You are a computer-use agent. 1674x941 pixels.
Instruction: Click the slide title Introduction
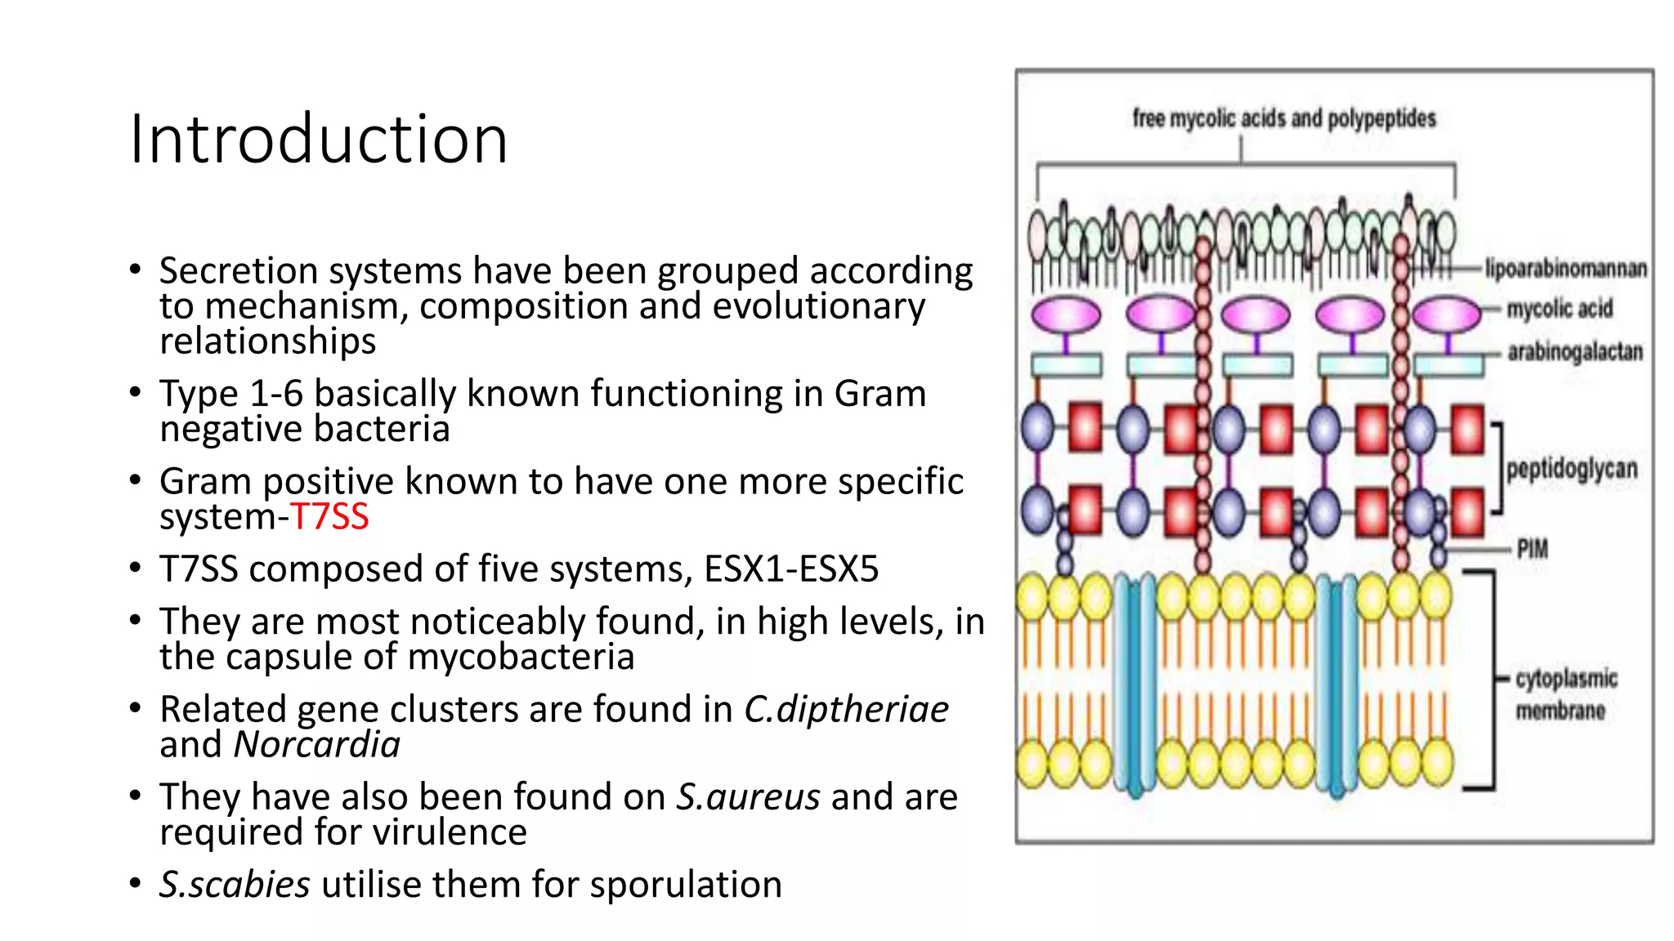[x=319, y=139]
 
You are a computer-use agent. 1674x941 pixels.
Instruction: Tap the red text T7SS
[x=329, y=517]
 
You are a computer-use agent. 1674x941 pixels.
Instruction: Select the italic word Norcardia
[x=317, y=745]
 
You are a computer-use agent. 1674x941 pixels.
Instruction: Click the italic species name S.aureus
[x=748, y=797]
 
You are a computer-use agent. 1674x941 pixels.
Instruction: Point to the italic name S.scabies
[x=235, y=885]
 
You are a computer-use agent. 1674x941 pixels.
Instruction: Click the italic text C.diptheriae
[x=846, y=710]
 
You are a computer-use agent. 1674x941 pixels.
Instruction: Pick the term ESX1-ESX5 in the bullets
[x=790, y=569]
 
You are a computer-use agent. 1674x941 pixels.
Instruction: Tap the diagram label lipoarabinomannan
[x=1565, y=269]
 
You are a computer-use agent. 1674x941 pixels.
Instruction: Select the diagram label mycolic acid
[x=1560, y=309]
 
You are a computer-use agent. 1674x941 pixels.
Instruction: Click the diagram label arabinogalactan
[x=1574, y=352]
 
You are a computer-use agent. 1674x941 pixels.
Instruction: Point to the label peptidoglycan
[x=1571, y=469]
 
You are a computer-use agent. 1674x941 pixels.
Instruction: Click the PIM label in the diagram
[x=1532, y=549]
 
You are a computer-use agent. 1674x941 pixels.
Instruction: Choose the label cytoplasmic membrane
[x=1564, y=694]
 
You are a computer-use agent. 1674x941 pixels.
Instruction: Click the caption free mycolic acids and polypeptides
[x=1283, y=118]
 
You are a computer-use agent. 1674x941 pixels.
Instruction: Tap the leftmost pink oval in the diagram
[x=1066, y=314]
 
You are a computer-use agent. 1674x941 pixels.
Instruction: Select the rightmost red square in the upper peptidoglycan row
[x=1467, y=429]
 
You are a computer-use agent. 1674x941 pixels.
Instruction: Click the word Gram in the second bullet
[x=880, y=395]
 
